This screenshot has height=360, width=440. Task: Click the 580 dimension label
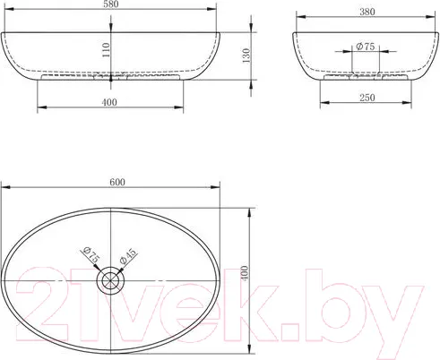click(111, 4)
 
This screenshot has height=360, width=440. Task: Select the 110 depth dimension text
click(106, 50)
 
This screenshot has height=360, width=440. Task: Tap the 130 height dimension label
click(246, 56)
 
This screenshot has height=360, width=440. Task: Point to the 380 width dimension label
click(367, 12)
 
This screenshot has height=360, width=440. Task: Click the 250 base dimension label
click(367, 98)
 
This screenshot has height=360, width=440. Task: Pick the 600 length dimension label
click(117, 182)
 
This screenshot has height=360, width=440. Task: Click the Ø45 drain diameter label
click(128, 256)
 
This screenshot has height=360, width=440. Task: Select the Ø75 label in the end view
click(365, 47)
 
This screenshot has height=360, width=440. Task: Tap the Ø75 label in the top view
click(91, 254)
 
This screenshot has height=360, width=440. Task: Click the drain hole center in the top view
click(110, 280)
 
